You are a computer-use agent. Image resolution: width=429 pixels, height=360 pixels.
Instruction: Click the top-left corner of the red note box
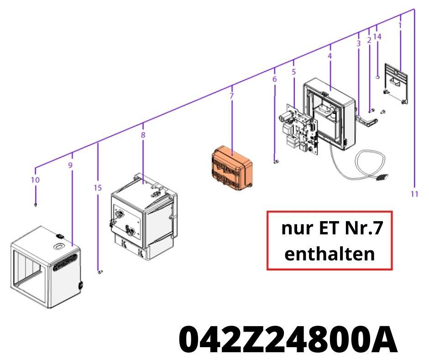[267, 212]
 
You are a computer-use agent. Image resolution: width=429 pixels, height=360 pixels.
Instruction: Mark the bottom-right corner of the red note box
[392, 270]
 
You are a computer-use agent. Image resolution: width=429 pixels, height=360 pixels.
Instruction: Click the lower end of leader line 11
[414, 187]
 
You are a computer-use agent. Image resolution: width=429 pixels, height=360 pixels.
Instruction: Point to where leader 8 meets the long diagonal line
[143, 124]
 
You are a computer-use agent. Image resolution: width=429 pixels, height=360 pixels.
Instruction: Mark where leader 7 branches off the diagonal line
[232, 86]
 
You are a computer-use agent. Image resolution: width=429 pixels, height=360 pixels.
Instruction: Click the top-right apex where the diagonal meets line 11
[414, 9]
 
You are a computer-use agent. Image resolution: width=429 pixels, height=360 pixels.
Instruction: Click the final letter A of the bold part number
[384, 340]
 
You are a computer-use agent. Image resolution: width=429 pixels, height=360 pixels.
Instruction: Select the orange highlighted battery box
[232, 168]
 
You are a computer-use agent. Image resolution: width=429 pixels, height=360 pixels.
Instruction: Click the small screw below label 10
[36, 205]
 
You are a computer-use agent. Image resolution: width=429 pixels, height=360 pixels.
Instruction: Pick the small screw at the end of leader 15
[100, 272]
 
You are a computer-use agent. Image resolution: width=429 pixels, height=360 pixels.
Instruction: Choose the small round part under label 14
[377, 77]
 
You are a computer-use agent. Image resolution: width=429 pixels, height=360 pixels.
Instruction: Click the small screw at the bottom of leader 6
[276, 161]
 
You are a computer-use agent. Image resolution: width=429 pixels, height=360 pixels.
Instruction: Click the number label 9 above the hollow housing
[70, 165]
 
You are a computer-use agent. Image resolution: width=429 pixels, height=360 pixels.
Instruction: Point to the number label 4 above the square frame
[330, 56]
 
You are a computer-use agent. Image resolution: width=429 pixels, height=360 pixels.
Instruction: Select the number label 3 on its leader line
[358, 43]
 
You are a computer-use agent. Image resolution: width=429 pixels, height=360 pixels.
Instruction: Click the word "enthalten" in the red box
[330, 254]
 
